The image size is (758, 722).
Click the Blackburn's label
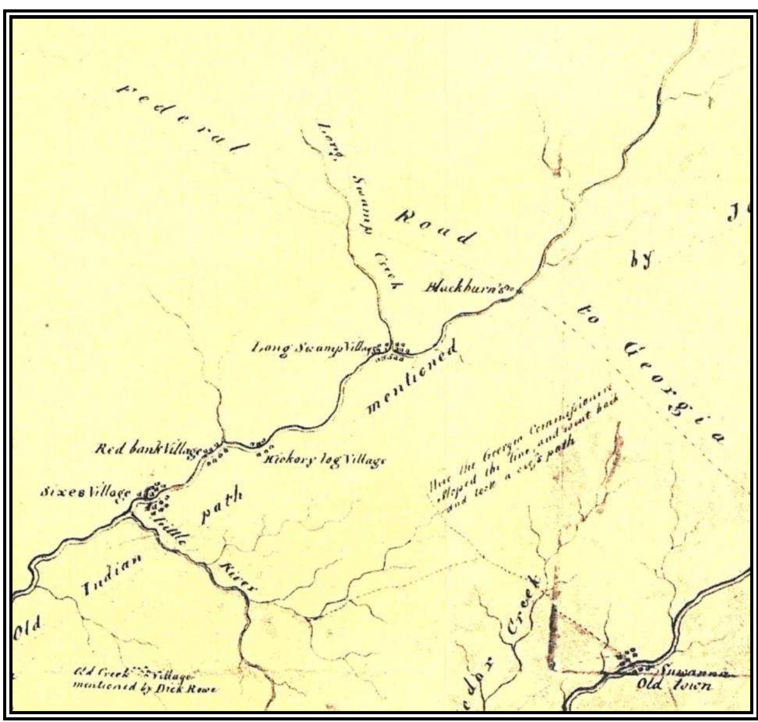[466, 287]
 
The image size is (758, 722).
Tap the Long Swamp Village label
[310, 348]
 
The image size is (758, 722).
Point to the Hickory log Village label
[325, 460]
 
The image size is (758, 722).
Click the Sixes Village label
[85, 492]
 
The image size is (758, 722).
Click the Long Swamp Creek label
[359, 206]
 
